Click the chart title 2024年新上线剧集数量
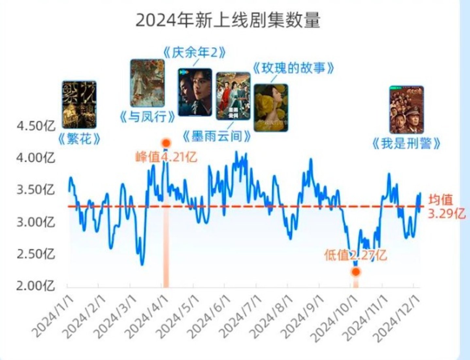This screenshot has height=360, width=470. click(228, 21)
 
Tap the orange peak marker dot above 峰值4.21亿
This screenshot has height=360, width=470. click(166, 143)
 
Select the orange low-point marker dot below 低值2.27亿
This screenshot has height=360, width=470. click(356, 271)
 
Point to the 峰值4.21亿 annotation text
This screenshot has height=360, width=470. click(166, 157)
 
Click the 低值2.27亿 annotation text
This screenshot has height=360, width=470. click(355, 255)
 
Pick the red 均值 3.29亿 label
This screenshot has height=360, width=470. click(446, 206)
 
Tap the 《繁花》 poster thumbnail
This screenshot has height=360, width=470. click(79, 105)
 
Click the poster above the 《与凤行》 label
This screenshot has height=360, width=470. click(147, 83)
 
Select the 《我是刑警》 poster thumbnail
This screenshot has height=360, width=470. click(406, 110)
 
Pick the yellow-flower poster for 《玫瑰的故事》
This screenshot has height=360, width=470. click(271, 108)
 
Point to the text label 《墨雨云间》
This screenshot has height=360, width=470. click(217, 136)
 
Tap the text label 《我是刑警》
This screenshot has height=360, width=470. click(406, 143)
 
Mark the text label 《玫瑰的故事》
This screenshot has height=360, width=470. click(293, 68)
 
